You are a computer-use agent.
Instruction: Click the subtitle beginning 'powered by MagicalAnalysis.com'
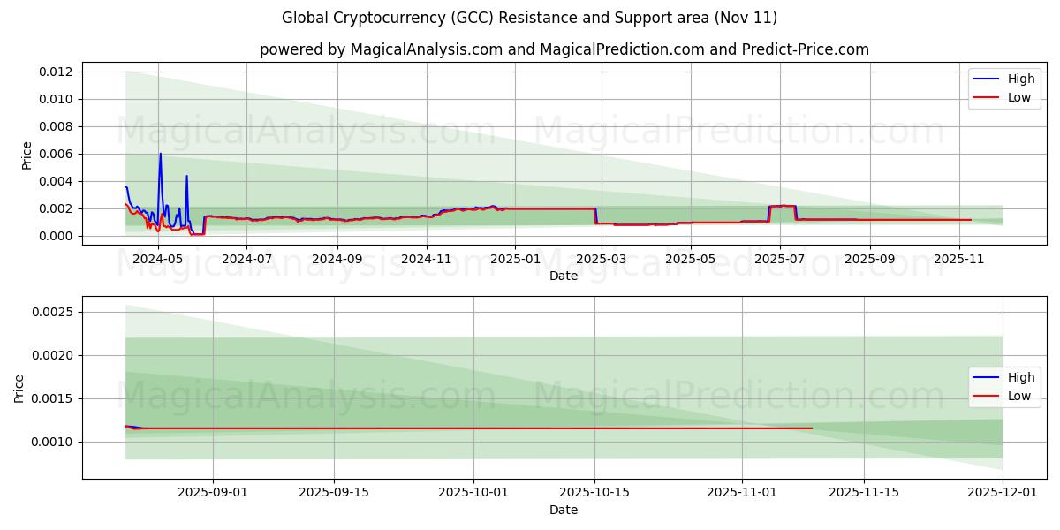click(564, 49)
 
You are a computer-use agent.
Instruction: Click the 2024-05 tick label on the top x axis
click(159, 260)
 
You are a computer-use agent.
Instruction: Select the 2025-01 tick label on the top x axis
click(514, 260)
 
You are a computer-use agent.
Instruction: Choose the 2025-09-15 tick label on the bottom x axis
click(334, 493)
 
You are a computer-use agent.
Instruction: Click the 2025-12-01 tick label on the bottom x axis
click(1003, 493)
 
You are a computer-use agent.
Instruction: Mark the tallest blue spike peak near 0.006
click(160, 154)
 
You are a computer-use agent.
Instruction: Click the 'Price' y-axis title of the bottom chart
click(19, 388)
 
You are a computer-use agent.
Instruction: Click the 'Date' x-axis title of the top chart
click(564, 276)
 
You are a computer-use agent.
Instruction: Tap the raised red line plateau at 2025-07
click(783, 206)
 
